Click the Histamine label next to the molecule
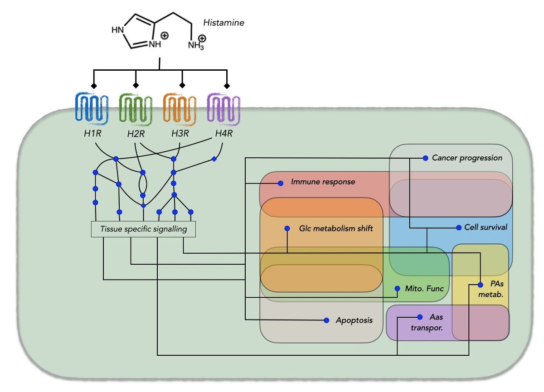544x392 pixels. (x=223, y=23)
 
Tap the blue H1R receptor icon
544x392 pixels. (x=92, y=109)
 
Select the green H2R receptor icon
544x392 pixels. (x=136, y=109)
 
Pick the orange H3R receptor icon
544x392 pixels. (x=180, y=109)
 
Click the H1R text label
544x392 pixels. (x=93, y=134)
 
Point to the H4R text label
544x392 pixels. (x=223, y=134)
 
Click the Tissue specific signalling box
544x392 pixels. (x=144, y=229)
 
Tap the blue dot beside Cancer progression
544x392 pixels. (x=425, y=158)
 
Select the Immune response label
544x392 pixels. (x=323, y=182)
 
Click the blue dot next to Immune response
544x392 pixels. (x=281, y=183)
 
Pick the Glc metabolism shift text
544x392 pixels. (x=336, y=228)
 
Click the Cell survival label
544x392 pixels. (x=486, y=227)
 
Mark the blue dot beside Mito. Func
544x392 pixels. (x=397, y=288)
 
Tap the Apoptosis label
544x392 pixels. (x=354, y=320)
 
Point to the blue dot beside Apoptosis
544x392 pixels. (x=326, y=320)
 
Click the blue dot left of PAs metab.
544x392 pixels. (x=481, y=285)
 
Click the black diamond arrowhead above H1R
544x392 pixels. (x=93, y=85)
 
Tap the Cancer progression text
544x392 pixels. (x=467, y=158)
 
